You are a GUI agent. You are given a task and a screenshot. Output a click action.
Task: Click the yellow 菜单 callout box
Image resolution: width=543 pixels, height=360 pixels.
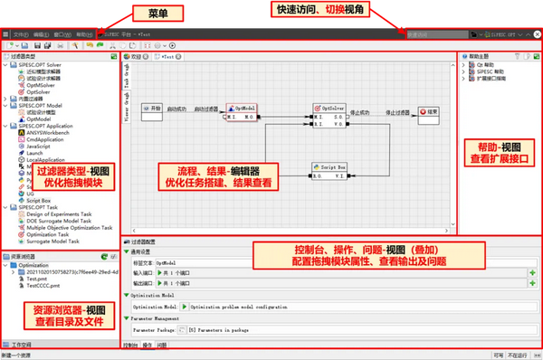[146, 14]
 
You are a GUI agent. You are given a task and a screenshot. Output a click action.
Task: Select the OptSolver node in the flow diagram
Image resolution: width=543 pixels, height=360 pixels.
[326, 113]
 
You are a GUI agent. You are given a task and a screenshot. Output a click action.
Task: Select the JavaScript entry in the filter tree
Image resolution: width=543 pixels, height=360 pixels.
[43, 146]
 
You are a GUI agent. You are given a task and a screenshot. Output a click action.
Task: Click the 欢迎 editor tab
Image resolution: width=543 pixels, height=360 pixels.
[137, 56]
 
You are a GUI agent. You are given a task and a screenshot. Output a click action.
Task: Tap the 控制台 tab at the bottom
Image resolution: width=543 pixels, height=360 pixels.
[130, 345]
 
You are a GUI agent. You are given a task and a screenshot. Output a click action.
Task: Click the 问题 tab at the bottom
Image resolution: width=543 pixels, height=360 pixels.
[162, 345]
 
